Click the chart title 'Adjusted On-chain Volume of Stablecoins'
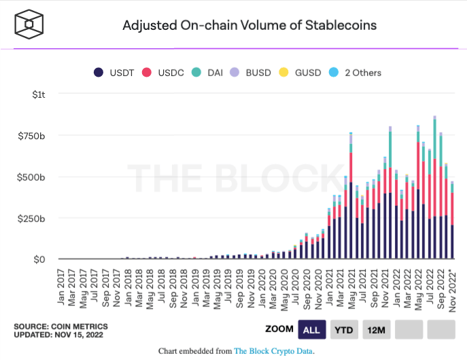pos(249,26)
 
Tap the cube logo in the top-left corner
pos(29,25)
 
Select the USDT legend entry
pos(114,73)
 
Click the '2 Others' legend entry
pos(356,73)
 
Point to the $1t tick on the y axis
pos(39,94)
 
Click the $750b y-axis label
pos(33,135)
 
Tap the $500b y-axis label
pos(33,177)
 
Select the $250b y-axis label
pos(33,218)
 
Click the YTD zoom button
pos(343,329)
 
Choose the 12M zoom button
pos(376,329)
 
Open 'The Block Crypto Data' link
pos(273,351)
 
